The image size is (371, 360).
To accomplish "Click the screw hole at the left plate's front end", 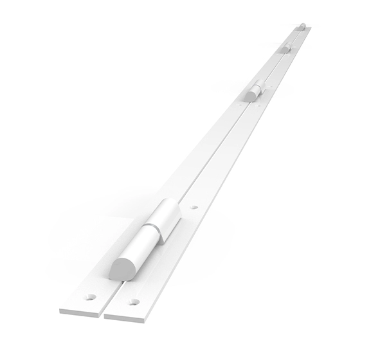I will [x=91, y=297].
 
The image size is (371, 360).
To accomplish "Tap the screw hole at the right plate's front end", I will [x=133, y=301].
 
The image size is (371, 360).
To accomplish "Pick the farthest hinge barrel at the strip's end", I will [x=303, y=26].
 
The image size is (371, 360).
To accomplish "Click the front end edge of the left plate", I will [x=81, y=313].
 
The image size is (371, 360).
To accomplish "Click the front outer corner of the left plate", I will [x=60, y=311].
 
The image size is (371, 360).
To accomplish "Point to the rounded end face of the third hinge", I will [x=285, y=50].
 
